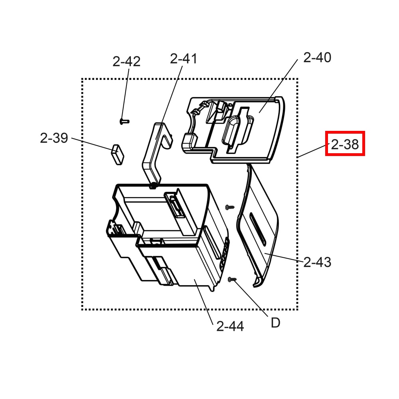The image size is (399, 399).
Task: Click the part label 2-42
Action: [x=126, y=61]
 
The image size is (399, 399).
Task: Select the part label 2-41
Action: [x=184, y=59]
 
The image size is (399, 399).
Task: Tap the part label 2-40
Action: [x=317, y=57]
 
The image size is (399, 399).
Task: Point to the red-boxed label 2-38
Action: [x=345, y=144]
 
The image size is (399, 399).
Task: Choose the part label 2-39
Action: [x=54, y=138]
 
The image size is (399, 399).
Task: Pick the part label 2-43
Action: [x=317, y=262]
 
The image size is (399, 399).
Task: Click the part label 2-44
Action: [x=230, y=326]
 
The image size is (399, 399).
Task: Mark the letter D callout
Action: [x=276, y=323]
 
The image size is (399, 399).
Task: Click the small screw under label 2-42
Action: [x=124, y=121]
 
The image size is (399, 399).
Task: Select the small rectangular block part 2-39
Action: [x=117, y=154]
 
